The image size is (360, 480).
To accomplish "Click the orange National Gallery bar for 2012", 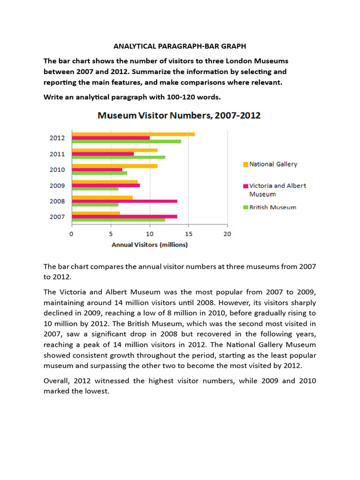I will click(x=133, y=135).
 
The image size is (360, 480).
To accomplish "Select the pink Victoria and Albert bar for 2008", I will click(x=124, y=201).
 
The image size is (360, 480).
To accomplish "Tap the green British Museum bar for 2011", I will click(x=118, y=157).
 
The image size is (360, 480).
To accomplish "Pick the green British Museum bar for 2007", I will click(x=118, y=220).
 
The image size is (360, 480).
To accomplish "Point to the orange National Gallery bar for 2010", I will click(x=114, y=166).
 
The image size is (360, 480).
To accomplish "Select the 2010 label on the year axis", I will click(x=57, y=170).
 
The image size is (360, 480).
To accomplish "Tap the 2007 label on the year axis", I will click(x=57, y=217).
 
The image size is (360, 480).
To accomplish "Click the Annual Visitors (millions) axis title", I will click(x=150, y=245).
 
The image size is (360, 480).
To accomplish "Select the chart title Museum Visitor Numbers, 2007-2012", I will click(x=179, y=115).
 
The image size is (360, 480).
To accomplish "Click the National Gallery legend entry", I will click(x=273, y=164).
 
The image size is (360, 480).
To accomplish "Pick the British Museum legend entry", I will click(x=273, y=207).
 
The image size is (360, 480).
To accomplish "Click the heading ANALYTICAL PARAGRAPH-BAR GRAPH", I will click(x=180, y=46).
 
